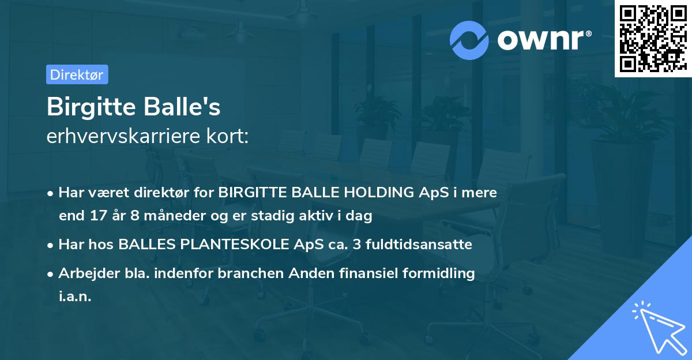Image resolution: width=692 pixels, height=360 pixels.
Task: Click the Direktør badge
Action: [77, 74]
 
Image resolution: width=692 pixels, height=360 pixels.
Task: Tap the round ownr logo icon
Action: [469, 40]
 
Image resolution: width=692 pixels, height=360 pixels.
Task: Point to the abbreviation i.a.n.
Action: [75, 297]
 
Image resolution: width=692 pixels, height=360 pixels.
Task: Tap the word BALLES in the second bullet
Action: [147, 245]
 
